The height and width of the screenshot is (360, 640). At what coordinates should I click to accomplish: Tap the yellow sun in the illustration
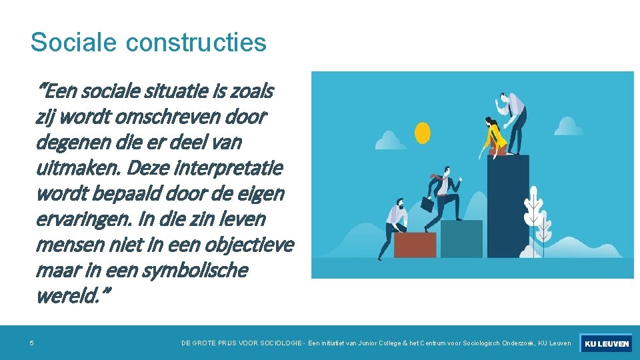point(423,133)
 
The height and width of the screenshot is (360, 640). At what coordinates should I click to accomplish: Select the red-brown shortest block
point(415,245)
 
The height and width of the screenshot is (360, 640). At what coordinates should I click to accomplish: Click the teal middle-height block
point(461,239)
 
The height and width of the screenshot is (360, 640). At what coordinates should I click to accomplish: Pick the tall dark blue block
point(508,207)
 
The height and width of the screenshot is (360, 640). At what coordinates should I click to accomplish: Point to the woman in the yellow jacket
point(494,136)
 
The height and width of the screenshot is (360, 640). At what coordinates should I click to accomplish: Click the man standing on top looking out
point(514,120)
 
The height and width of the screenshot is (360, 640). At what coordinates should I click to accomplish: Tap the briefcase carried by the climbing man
point(427,203)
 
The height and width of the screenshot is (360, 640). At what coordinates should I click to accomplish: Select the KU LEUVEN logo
point(606,343)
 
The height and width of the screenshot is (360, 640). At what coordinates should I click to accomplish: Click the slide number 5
point(31,343)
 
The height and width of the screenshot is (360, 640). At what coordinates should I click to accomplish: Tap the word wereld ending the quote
point(69,296)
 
